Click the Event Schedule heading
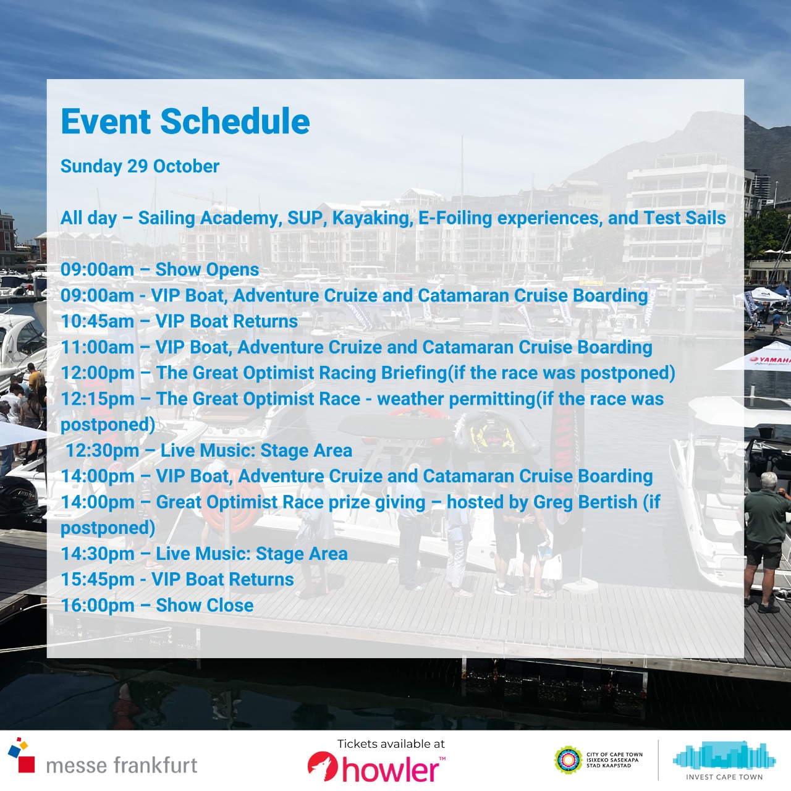185,122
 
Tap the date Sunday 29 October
140,167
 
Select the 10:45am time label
97,321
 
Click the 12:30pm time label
102,450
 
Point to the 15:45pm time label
98,580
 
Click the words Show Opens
207,270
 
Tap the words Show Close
205,606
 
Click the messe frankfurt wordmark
122,766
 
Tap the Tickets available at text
391,744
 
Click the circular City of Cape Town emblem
568,761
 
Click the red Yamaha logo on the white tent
771,360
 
